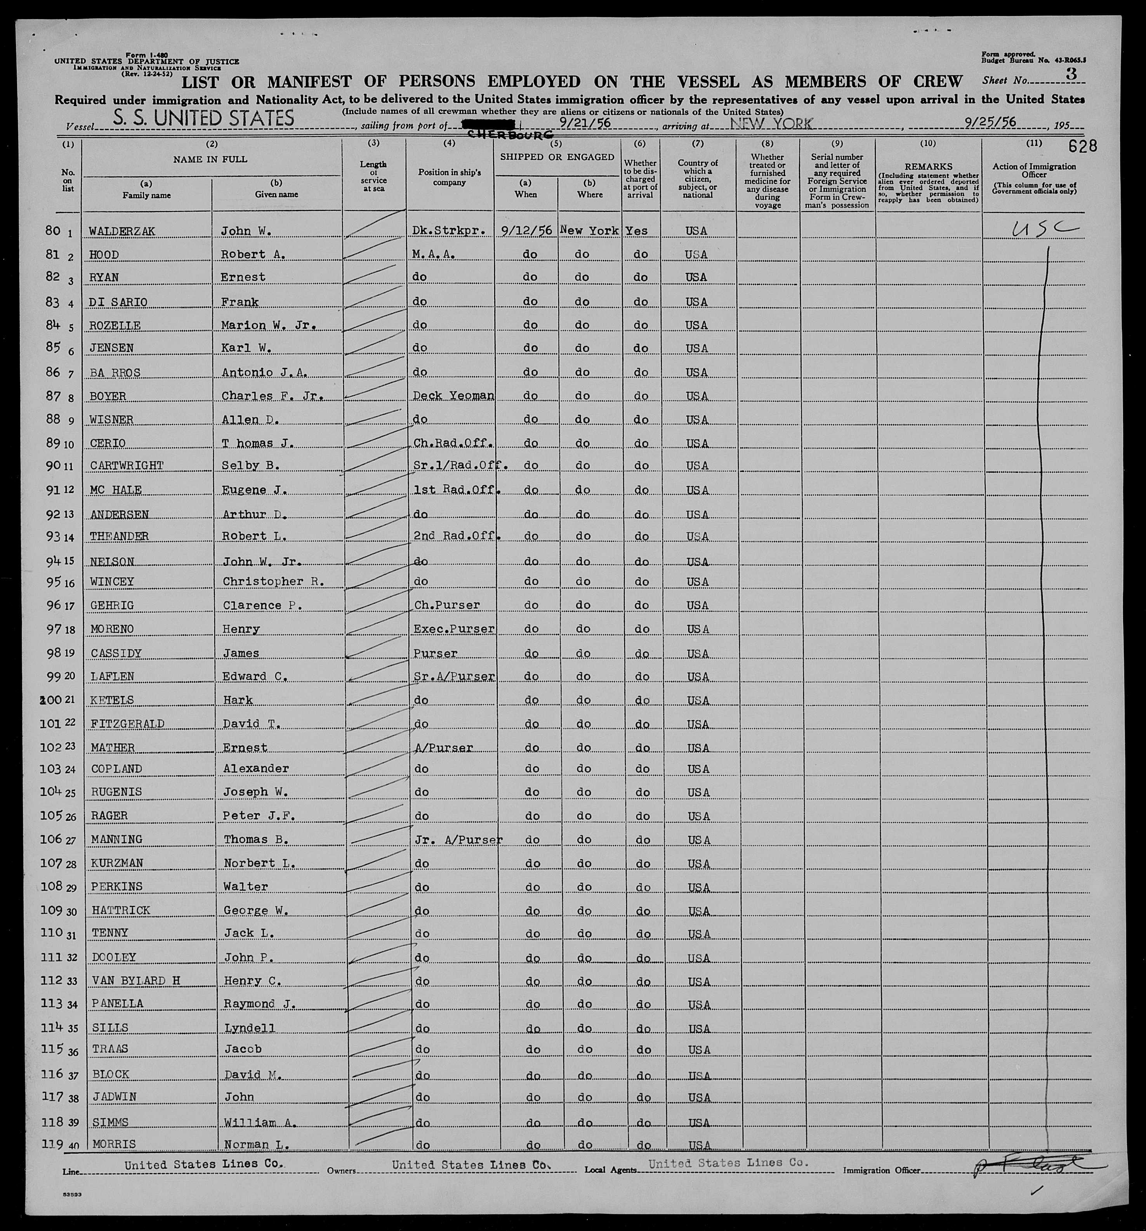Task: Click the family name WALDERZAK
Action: click(x=122, y=231)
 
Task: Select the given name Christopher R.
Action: click(x=273, y=582)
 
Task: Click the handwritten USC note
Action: click(x=1044, y=230)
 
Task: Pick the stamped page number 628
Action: click(x=1082, y=146)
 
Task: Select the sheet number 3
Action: click(x=1071, y=74)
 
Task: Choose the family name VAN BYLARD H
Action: click(x=135, y=981)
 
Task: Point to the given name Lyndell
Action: click(x=249, y=1028)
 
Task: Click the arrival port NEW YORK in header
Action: click(x=771, y=123)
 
